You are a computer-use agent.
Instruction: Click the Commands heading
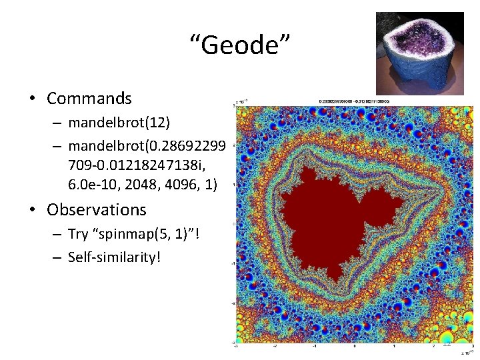coord(89,99)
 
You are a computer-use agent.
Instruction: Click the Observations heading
coord(96,209)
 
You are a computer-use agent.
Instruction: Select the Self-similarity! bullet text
coord(115,257)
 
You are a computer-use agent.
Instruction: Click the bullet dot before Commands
coord(32,99)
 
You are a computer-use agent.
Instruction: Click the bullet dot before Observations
coord(32,210)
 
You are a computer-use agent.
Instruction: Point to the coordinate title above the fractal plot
coord(353,102)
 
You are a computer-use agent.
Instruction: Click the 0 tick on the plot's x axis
coord(355,346)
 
